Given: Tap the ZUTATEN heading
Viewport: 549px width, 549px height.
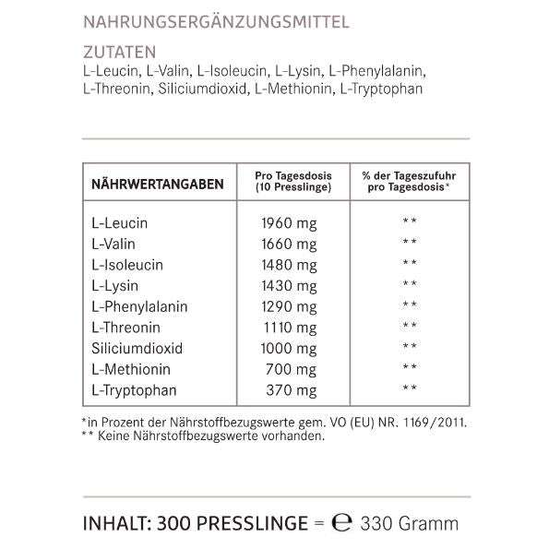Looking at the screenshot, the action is coord(119,53).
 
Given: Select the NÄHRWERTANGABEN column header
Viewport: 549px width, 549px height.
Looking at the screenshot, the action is coord(157,185).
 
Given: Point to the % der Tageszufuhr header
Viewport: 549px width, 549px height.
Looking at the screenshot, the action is coord(408,181).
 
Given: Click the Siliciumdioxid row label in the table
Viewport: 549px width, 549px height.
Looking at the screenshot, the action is coord(137,349).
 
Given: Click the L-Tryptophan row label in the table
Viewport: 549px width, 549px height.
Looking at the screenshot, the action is coord(133,390).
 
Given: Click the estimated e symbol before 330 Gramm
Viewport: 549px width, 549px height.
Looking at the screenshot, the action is coord(342,523).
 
